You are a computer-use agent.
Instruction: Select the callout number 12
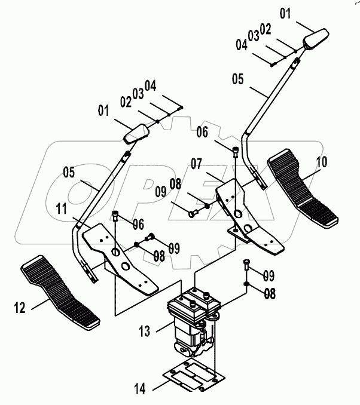[x=20, y=308]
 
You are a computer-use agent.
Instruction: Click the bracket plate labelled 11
[x=120, y=257]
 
